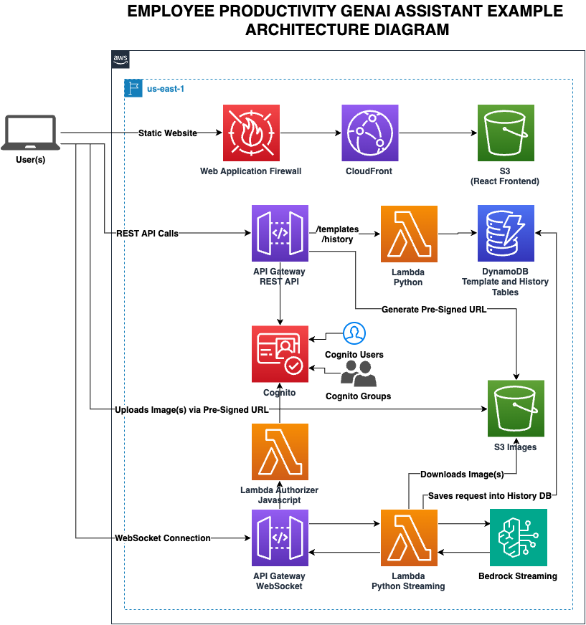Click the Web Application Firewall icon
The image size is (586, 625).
[251, 133]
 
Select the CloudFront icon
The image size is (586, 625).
[370, 133]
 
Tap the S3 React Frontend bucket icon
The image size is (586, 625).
[506, 133]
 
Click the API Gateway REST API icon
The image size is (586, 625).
[280, 233]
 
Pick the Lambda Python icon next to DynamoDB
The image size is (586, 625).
[409, 234]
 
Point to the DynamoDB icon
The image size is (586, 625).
[506, 233]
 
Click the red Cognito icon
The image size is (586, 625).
[280, 354]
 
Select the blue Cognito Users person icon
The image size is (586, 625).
[354, 333]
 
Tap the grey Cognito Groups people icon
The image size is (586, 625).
[359, 373]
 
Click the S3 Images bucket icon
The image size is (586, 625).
[516, 409]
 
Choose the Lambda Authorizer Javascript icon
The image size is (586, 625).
[280, 452]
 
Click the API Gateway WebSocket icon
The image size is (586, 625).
[280, 538]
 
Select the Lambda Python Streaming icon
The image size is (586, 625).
[409, 538]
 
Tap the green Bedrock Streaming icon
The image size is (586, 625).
[518, 538]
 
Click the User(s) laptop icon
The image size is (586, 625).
[31, 133]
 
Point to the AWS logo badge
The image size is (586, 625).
[120, 59]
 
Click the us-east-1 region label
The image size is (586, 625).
[166, 89]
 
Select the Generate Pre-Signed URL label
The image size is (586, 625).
[434, 310]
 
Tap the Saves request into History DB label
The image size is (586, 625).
[489, 496]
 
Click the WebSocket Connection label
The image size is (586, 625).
[163, 538]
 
